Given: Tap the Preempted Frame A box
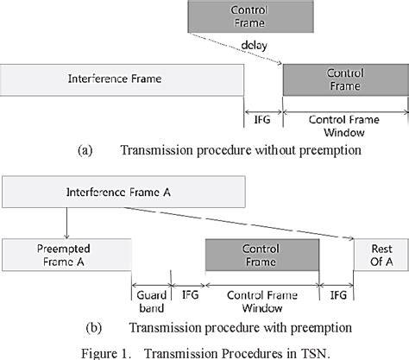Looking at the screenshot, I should pyautogui.click(x=66, y=256).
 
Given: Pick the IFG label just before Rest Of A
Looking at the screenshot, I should pyautogui.click(x=335, y=293).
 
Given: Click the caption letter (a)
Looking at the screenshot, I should pyautogui.click(x=84, y=149).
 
